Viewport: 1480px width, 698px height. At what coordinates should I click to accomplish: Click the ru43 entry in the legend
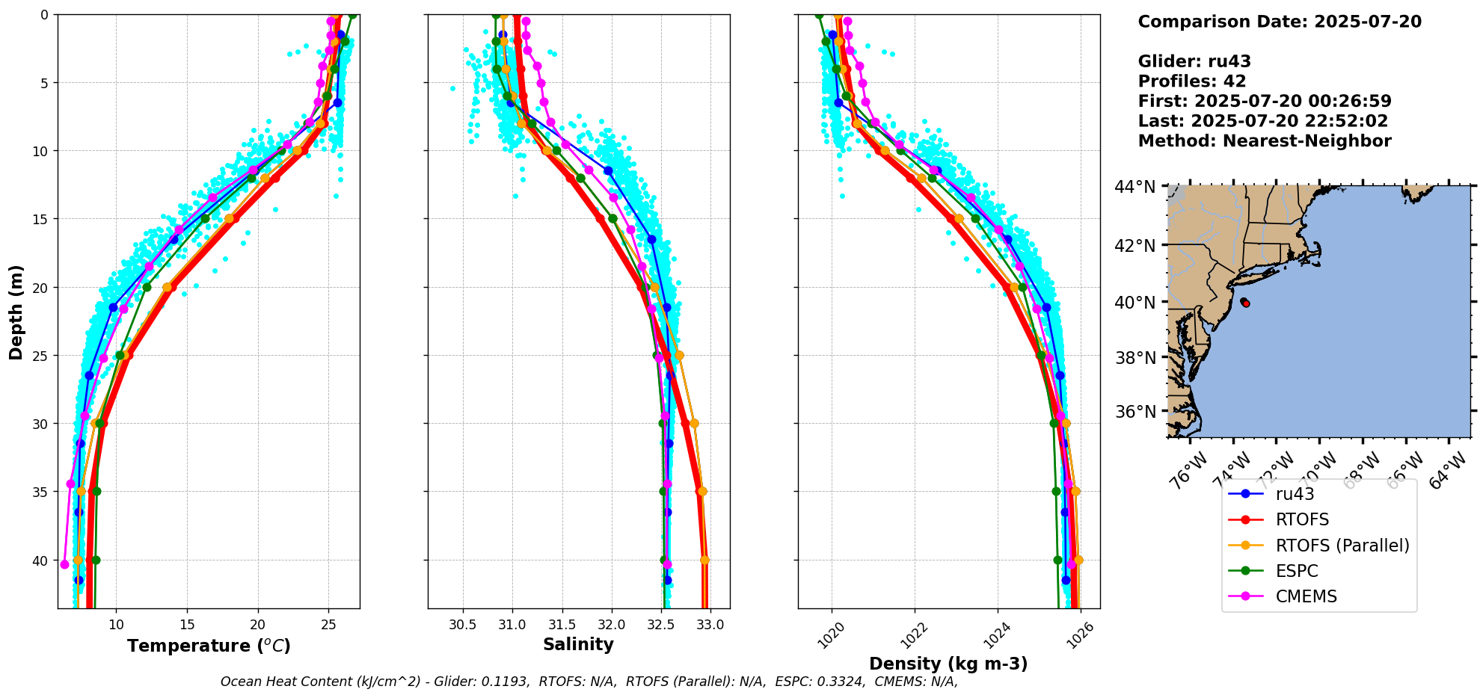(1295, 494)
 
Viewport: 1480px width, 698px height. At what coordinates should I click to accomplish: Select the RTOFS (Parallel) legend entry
(1342, 546)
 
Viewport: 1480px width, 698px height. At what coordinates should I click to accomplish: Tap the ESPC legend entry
(1297, 571)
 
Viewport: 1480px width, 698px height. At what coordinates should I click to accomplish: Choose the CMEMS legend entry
(1306, 596)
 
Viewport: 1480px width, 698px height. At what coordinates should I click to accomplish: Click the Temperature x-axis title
(209, 646)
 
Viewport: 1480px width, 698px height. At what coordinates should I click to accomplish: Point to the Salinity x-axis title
(578, 645)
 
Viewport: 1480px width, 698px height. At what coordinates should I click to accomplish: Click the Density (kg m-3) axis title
(948, 664)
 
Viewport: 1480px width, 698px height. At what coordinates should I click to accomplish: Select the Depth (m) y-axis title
(16, 312)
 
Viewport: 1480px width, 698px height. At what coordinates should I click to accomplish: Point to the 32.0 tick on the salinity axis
(612, 625)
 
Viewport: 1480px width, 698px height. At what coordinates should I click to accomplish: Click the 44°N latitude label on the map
(1135, 186)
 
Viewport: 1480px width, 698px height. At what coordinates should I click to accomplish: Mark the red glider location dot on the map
(1246, 303)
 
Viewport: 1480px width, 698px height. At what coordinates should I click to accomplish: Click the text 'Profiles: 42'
(1192, 81)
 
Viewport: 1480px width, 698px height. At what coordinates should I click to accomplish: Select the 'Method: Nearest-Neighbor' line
(1265, 141)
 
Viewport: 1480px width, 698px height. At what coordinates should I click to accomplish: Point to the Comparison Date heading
(1280, 22)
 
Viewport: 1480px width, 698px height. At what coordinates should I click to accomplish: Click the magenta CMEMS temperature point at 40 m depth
(64, 564)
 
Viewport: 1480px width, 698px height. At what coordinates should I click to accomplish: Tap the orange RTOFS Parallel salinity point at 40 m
(704, 560)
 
